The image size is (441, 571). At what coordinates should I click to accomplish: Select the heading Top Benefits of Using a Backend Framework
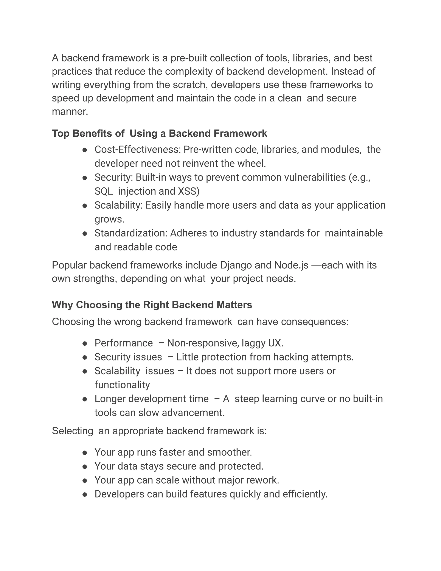[159, 133]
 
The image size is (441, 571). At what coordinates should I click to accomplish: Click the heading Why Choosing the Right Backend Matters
[152, 305]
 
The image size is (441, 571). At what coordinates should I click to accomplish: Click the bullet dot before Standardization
[85, 234]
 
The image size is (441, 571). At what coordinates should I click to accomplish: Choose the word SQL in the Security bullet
[103, 191]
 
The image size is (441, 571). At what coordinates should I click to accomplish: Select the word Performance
[124, 343]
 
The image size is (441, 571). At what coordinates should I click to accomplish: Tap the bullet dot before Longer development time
[85, 399]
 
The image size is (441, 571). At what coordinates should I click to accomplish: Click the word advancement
[193, 413]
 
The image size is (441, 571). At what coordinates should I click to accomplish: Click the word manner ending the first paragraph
[70, 112]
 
